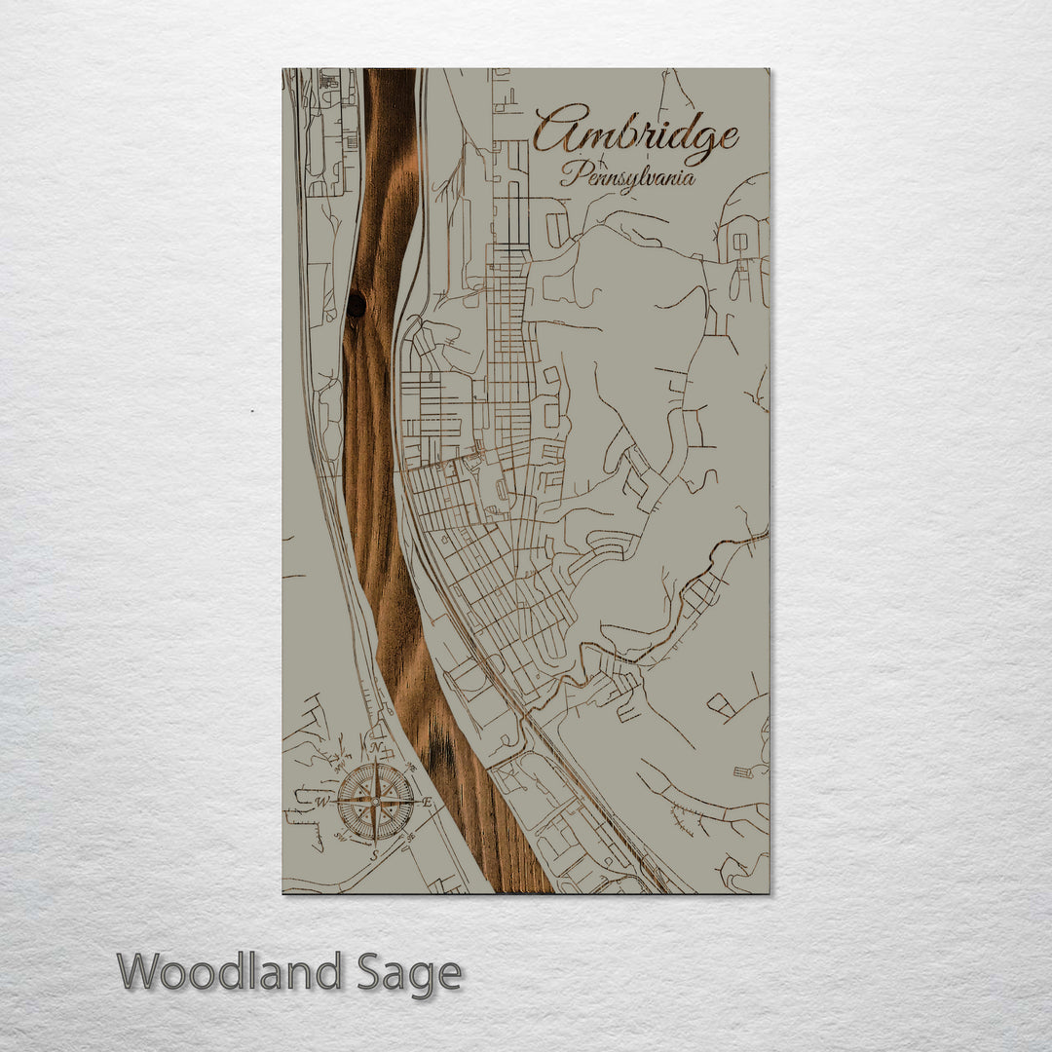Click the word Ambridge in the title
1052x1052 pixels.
click(635, 133)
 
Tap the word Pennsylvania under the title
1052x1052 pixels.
click(627, 176)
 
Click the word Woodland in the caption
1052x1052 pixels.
click(230, 972)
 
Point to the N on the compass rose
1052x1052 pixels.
click(376, 748)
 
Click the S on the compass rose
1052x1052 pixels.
click(374, 854)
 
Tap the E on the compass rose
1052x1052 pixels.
click(428, 802)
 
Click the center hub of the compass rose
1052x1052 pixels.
click(375, 802)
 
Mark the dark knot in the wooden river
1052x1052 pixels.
click(357, 305)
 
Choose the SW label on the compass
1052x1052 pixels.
click(340, 836)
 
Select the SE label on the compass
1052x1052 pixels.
click(410, 836)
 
